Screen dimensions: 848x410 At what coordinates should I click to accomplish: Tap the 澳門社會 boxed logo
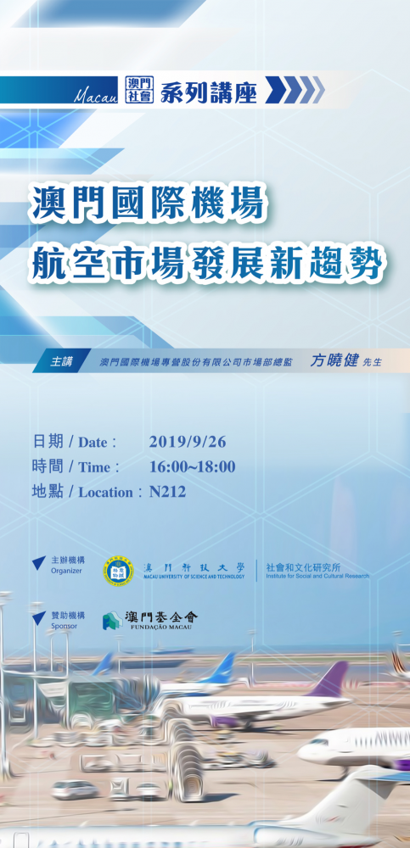pos(137,88)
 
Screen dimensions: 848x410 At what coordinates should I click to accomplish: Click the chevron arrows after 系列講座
pos(294,89)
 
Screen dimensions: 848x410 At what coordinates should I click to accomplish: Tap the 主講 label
pos(61,360)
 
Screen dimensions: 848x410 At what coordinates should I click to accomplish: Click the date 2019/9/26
pos(187,441)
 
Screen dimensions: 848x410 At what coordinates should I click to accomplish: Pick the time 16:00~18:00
pos(192,466)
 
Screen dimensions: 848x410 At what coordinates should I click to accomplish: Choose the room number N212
pos(167,491)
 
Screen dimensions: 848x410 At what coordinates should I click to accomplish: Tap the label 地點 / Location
pos(81,491)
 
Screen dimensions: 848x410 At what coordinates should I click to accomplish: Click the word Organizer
pos(66,571)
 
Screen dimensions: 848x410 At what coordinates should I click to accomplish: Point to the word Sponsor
pos(64,625)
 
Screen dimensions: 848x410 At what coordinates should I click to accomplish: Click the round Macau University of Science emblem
pos(118,570)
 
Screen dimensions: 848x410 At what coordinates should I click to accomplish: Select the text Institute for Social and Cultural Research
pos(317,575)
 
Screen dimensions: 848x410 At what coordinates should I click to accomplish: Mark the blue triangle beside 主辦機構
pos(38,563)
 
